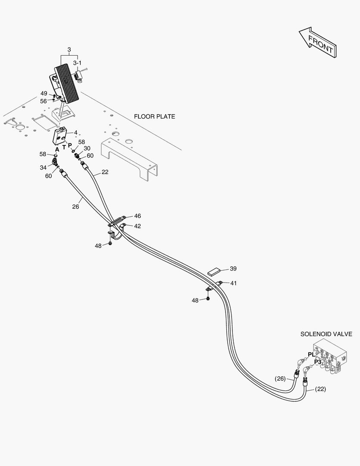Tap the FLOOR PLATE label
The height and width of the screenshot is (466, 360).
(154, 116)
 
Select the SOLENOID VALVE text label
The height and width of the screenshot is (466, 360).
(326, 334)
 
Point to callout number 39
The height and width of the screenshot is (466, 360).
(233, 268)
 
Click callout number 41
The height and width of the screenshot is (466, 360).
(233, 283)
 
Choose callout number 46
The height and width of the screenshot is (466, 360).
(137, 216)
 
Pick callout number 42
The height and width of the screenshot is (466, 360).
(137, 226)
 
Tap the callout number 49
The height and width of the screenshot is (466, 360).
(44, 93)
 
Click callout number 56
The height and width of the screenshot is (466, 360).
(44, 101)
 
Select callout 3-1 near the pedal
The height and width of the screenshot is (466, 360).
(77, 63)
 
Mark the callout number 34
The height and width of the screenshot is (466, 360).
(44, 167)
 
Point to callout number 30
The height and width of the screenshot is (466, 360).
(87, 148)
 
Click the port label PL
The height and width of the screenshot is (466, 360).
(311, 354)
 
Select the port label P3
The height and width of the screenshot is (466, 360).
(317, 362)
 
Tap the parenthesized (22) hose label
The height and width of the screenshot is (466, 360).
(320, 389)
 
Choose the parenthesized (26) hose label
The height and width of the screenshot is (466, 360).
(280, 379)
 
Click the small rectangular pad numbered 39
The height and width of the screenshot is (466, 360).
(213, 271)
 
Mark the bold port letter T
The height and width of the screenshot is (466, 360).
(64, 147)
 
